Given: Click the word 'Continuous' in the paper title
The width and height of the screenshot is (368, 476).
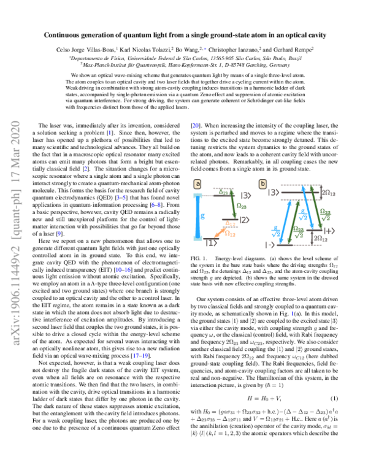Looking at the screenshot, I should click(x=66, y=36).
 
